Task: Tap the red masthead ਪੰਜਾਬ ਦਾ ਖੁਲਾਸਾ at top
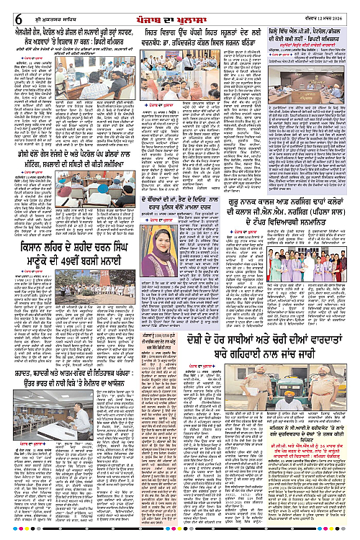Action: (x=180, y=9)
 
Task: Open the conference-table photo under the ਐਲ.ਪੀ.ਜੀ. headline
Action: (x=295, y=99)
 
